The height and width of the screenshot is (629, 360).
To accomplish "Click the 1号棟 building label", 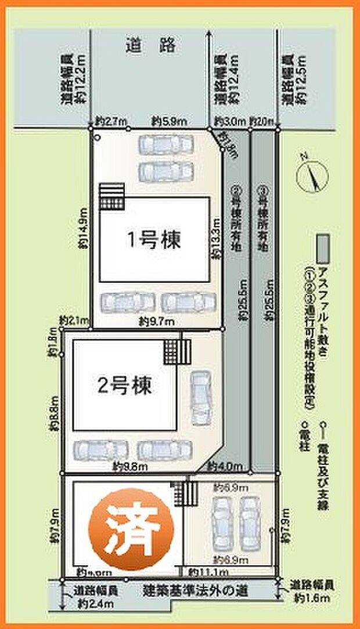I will click(154, 239).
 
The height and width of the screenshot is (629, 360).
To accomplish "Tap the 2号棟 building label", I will click(125, 386).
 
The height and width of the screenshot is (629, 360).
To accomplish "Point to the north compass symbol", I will click(309, 172).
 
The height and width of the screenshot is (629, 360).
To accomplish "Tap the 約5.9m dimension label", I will click(169, 121).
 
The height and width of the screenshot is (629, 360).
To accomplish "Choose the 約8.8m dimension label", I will click(55, 413).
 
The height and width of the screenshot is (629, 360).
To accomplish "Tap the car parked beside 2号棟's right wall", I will click(201, 397).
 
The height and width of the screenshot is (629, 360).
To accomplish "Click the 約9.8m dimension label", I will click(128, 466).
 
